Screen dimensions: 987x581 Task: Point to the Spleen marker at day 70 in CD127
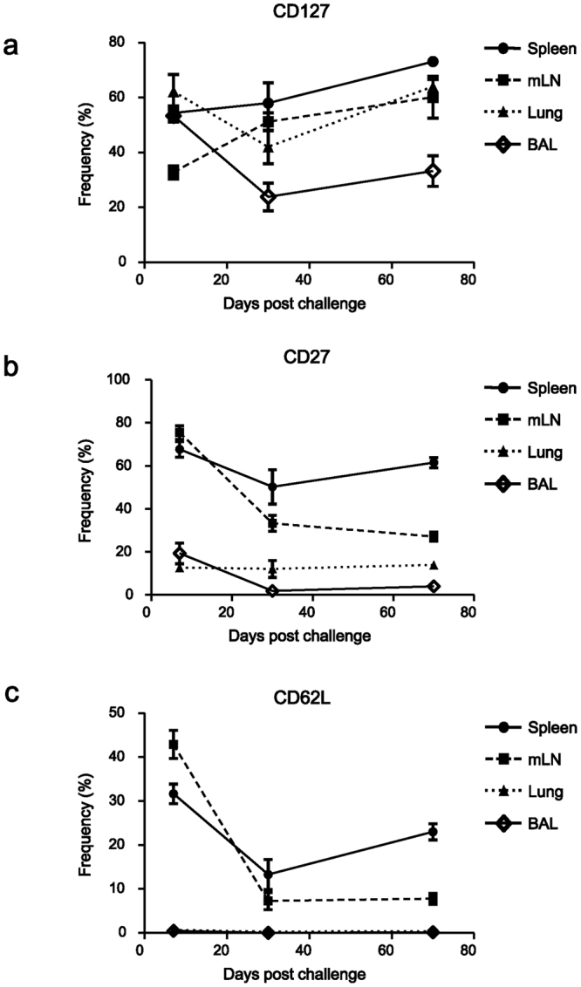tap(433, 62)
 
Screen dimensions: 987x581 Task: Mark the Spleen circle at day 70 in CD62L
tap(433, 832)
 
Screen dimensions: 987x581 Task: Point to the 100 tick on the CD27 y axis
tap(132, 380)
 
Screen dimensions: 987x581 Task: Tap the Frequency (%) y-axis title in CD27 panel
tap(85, 487)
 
